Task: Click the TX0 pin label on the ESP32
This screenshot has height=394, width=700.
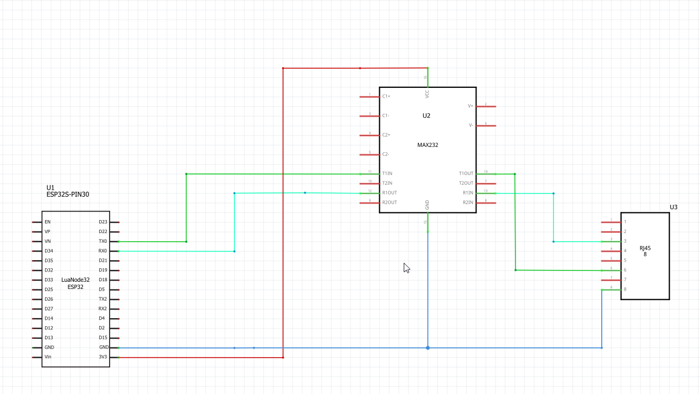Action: (x=103, y=241)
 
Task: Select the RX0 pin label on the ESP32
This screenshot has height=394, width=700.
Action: (x=103, y=251)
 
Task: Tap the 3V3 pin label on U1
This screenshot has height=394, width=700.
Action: (x=103, y=357)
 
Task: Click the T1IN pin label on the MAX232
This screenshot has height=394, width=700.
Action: (x=387, y=174)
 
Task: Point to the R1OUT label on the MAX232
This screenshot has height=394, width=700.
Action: (x=389, y=193)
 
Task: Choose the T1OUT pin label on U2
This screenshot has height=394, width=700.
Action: (x=466, y=174)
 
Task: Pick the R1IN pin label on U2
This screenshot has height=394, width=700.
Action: (x=468, y=193)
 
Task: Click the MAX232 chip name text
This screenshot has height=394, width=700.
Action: (x=427, y=145)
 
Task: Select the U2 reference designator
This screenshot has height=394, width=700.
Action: (x=427, y=116)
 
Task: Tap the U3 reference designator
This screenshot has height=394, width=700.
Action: (x=673, y=207)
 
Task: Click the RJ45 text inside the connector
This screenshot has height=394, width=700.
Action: (x=645, y=248)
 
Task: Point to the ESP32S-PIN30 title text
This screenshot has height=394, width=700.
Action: (x=68, y=195)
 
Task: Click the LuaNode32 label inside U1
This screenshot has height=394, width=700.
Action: (x=75, y=280)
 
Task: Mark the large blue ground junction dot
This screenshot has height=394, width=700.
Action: (x=428, y=348)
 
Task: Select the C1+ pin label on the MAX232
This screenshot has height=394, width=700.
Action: (x=386, y=96)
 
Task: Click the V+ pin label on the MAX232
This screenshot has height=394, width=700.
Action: (x=471, y=106)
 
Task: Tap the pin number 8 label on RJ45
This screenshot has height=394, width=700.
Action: (x=625, y=289)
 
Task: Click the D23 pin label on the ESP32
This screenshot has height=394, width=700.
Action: (x=103, y=222)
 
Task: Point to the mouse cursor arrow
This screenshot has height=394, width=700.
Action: (x=406, y=268)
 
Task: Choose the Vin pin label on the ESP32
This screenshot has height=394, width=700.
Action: (x=48, y=357)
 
